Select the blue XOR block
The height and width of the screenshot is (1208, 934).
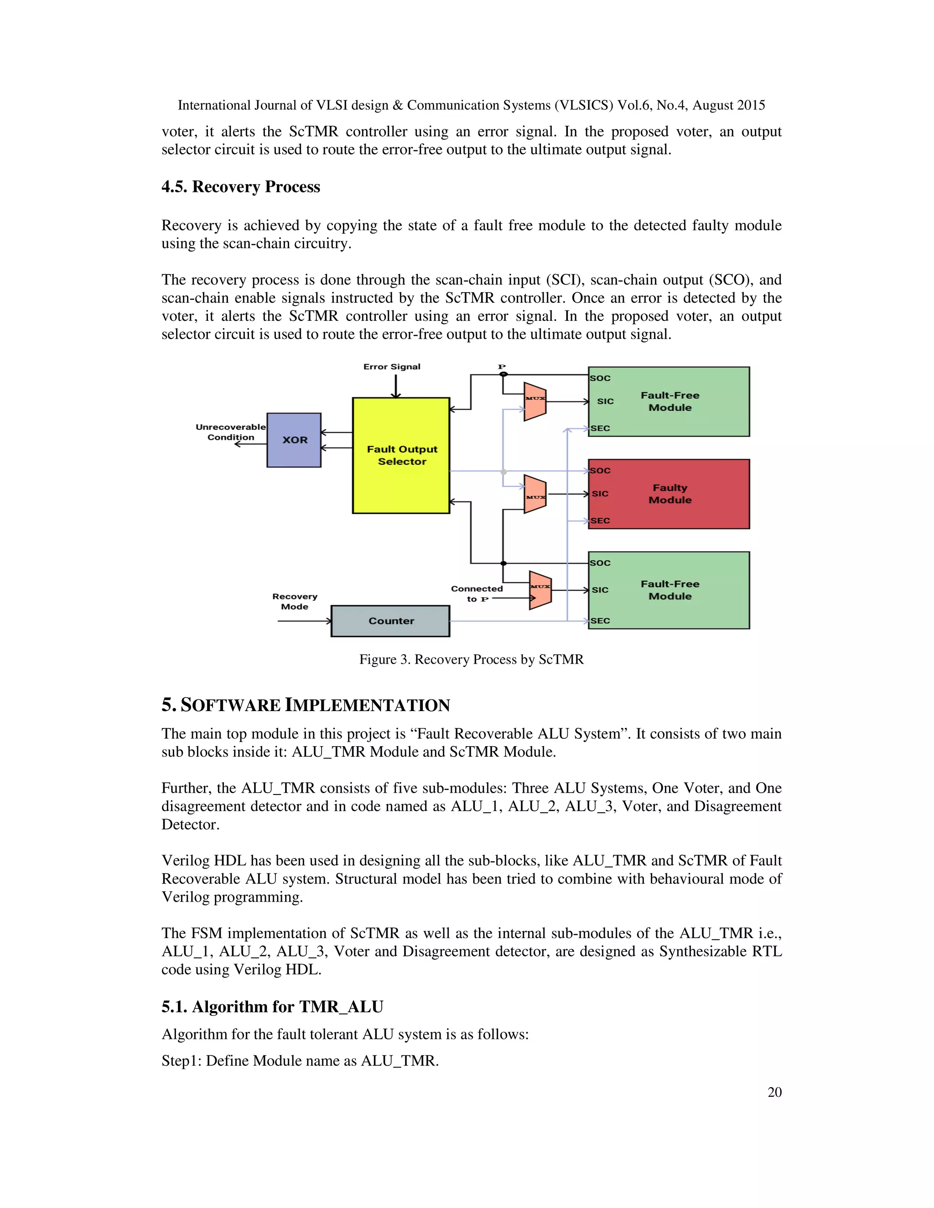click(294, 440)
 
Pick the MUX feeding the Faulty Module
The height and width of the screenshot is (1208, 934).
click(535, 495)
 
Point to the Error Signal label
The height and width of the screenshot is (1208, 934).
click(392, 367)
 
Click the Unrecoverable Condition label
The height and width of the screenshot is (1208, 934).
click(230, 432)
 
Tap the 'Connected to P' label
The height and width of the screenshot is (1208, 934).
click(477, 594)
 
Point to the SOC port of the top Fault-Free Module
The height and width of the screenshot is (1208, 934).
click(600, 378)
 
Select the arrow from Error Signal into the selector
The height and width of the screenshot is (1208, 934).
click(395, 387)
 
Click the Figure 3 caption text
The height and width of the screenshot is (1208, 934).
click(472, 659)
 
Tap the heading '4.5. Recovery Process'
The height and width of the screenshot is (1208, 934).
click(241, 187)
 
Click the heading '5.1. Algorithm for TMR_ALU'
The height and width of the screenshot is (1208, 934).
click(272, 1007)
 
